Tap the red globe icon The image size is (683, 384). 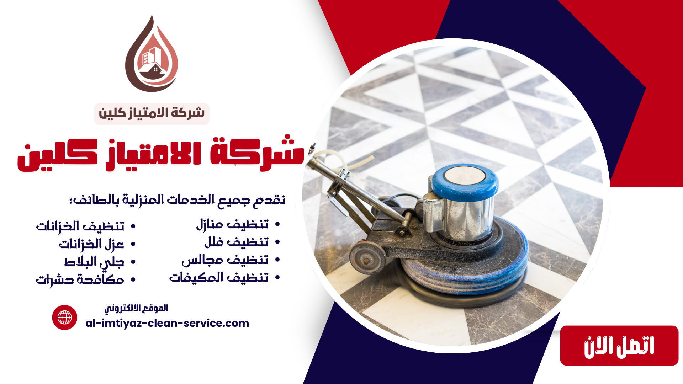65,318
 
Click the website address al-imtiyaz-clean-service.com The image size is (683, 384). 167,323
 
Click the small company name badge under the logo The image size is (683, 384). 152,114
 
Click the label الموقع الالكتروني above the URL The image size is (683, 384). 136,308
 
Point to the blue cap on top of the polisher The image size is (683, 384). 465,182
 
